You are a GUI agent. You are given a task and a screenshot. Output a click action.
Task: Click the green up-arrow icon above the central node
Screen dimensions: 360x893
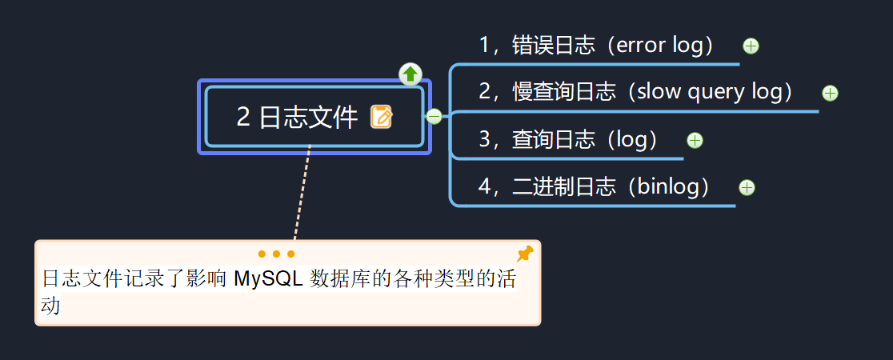[410, 74]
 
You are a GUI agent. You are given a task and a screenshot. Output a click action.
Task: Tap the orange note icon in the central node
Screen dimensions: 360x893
[382, 117]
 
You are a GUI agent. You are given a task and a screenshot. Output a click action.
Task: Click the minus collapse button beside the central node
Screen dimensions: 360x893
[434, 117]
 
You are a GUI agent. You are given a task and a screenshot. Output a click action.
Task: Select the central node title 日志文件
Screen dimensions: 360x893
[308, 118]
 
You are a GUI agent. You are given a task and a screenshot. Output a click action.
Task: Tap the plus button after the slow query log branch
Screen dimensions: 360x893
[830, 94]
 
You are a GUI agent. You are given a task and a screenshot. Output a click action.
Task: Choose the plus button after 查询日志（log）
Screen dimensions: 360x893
[695, 141]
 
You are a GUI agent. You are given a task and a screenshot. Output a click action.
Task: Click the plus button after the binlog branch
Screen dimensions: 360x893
[747, 188]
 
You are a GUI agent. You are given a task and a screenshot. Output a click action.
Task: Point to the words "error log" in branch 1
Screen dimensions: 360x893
[659, 45]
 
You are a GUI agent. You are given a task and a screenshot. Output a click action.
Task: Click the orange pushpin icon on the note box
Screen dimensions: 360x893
[525, 254]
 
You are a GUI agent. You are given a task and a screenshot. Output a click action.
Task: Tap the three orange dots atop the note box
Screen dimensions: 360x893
[277, 254]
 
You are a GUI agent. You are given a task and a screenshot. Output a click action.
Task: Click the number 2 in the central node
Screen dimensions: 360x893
[243, 118]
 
